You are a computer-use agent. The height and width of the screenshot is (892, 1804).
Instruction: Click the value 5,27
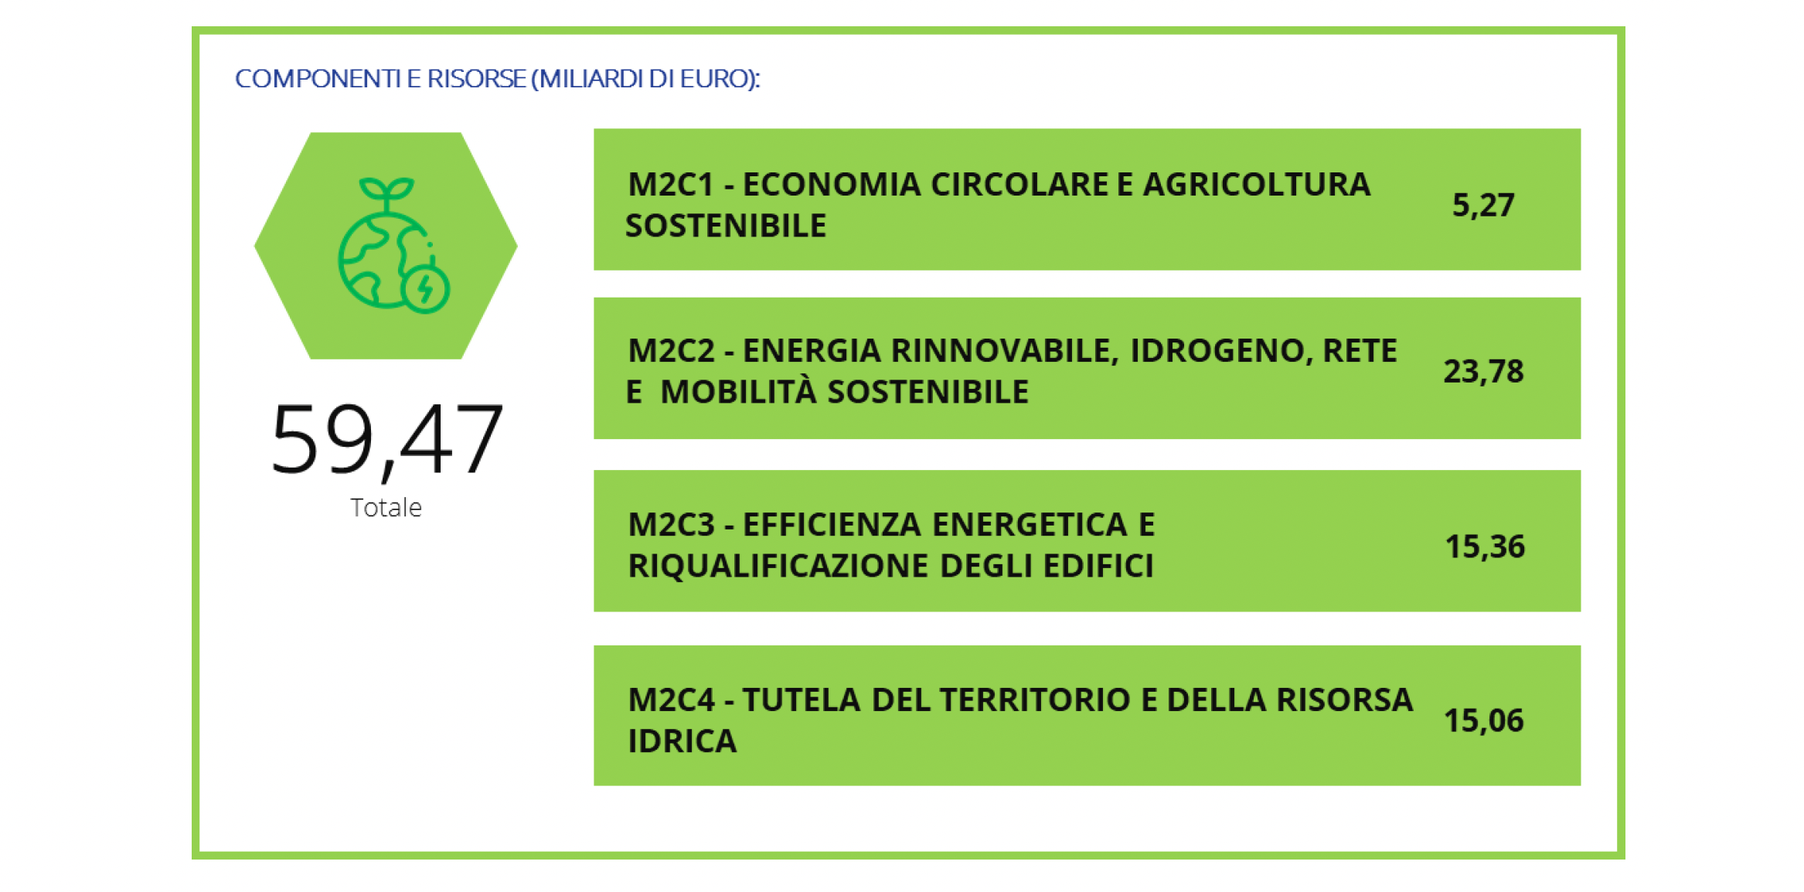click(x=1482, y=206)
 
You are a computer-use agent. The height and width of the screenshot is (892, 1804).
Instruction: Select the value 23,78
click(x=1483, y=372)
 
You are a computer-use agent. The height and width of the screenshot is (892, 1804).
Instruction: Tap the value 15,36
click(x=1485, y=547)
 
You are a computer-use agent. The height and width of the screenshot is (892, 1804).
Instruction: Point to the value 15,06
click(x=1484, y=721)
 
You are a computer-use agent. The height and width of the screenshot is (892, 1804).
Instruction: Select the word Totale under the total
click(x=386, y=508)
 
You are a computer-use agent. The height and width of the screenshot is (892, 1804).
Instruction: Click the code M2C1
click(x=670, y=185)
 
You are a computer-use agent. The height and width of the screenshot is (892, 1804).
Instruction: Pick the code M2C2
click(x=671, y=351)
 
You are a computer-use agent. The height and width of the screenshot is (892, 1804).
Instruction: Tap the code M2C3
click(x=671, y=525)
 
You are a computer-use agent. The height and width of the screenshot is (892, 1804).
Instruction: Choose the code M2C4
click(x=671, y=700)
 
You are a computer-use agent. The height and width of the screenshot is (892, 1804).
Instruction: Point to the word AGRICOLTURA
click(x=1257, y=185)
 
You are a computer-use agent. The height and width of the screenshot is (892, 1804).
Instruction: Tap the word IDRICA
click(x=682, y=741)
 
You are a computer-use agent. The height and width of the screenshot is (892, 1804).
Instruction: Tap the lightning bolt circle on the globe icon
click(x=426, y=290)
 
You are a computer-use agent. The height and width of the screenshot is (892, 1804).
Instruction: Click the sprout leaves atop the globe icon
click(x=386, y=189)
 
